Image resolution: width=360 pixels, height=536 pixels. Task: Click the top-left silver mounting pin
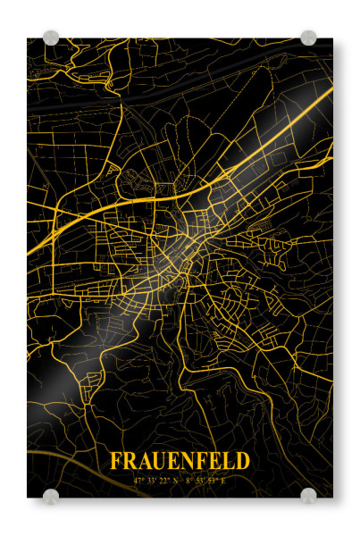pyautogui.click(x=51, y=38)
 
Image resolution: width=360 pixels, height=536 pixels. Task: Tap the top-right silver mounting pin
pyautogui.click(x=308, y=38)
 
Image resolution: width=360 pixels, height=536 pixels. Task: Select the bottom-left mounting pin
pyautogui.click(x=51, y=496)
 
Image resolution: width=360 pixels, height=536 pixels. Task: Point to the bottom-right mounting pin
pyautogui.click(x=308, y=496)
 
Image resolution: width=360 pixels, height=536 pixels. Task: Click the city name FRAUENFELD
pyautogui.click(x=180, y=461)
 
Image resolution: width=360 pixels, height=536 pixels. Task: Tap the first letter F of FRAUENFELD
pyautogui.click(x=116, y=461)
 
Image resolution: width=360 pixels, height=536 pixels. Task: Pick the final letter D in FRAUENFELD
pyautogui.click(x=243, y=461)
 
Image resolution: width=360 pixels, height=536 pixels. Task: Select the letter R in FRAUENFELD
pyautogui.click(x=129, y=461)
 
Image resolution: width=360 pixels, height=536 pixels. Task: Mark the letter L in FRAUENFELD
pyautogui.click(x=228, y=461)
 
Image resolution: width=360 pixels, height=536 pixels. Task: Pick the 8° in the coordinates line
pyautogui.click(x=188, y=480)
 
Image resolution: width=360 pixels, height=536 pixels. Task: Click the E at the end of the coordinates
pyautogui.click(x=223, y=480)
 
